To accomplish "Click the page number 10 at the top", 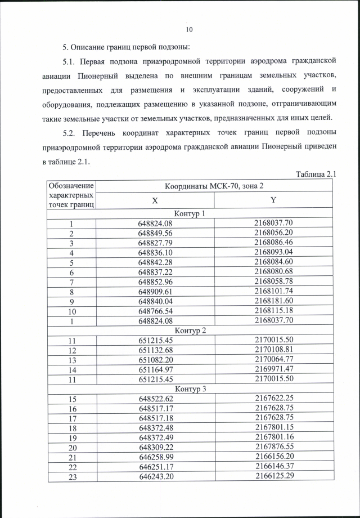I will pyautogui.click(x=189, y=29).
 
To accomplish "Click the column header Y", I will pyautogui.click(x=274, y=200).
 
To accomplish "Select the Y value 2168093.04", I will pyautogui.click(x=274, y=253).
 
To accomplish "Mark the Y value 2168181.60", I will pyautogui.click(x=274, y=301).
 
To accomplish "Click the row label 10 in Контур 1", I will pyautogui.click(x=71, y=311).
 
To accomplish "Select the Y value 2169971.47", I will pyautogui.click(x=274, y=369).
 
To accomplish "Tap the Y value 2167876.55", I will pyautogui.click(x=274, y=447).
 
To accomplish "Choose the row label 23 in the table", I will pyautogui.click(x=71, y=476).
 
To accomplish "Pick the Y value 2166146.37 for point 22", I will pyautogui.click(x=274, y=467).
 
